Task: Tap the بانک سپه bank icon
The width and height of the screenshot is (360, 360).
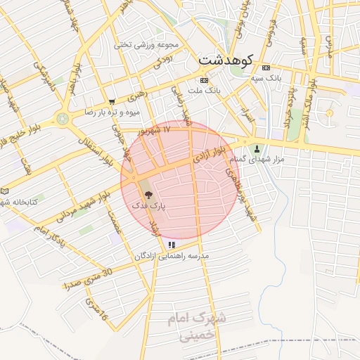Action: tap(265, 68)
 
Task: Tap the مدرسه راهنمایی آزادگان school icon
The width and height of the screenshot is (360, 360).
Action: tap(172, 245)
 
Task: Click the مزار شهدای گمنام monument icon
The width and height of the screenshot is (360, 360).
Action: tap(256, 148)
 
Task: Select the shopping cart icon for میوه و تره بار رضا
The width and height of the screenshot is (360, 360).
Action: tap(112, 102)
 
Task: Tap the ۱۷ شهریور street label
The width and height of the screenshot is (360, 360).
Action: tap(155, 129)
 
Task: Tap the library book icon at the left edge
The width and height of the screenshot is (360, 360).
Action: tap(5, 191)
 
